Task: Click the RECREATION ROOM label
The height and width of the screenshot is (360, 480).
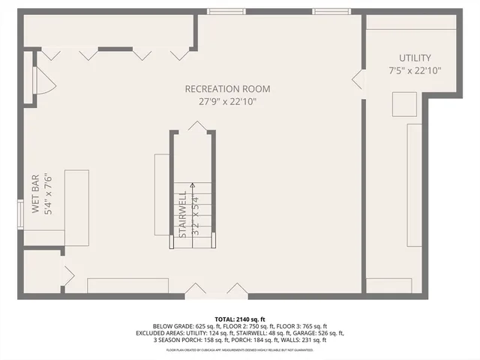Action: coord(227,89)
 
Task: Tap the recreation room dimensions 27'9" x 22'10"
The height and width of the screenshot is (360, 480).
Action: coord(227,101)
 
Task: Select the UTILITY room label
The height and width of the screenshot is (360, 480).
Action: coord(415,58)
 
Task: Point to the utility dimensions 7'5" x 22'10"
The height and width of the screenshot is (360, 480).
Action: coord(415,71)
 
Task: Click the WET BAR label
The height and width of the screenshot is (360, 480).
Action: coord(35,195)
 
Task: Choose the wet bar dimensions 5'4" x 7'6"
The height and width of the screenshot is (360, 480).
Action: coord(47,195)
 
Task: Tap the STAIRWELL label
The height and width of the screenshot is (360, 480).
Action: coord(182,214)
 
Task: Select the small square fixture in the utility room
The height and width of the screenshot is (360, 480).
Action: coord(404,104)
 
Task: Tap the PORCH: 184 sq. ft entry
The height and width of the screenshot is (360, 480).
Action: coord(250,340)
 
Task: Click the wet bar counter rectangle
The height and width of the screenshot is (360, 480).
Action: coord(77,207)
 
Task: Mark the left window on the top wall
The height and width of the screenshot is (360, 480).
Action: coord(226,11)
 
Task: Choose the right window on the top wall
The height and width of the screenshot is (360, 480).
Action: coord(330,11)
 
